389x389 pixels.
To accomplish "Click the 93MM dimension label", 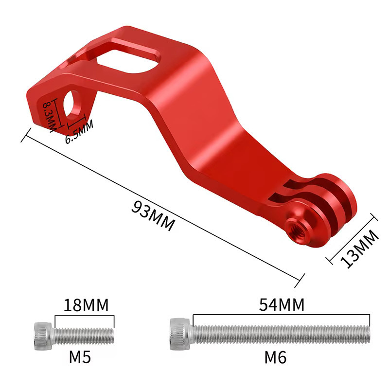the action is pos(153,216).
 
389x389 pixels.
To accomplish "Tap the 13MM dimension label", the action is pos(359,248).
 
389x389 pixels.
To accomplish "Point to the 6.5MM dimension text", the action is pos(79,132).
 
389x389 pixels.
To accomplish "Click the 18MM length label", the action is pos(86,305).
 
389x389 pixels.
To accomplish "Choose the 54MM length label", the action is pos(282,304).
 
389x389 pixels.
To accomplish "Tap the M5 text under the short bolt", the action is pos(80,357).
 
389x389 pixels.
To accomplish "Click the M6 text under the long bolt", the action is pos(275,357).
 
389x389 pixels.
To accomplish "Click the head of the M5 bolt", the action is pos(43,336).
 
